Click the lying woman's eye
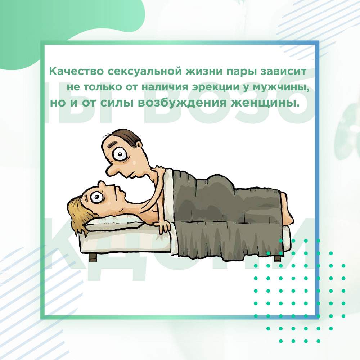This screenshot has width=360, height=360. point(97,197)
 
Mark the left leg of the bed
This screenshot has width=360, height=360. point(93,256)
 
